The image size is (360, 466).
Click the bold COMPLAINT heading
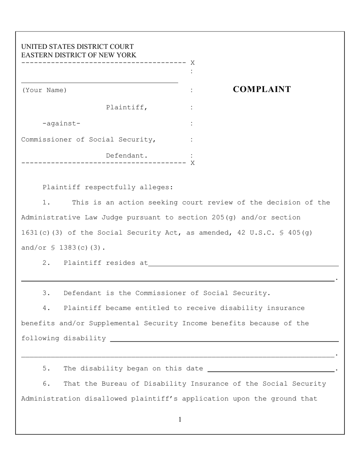261,89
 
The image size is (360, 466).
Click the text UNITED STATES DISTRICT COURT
77,47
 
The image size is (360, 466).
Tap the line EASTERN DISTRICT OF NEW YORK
78,55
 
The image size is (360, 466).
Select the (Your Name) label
44,90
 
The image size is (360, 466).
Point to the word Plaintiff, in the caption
127,107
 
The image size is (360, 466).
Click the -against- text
61,124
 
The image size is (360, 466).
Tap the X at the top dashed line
193,63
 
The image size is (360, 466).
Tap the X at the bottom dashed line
193,163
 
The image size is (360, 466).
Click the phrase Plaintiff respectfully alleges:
108,187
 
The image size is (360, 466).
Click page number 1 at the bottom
180,419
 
